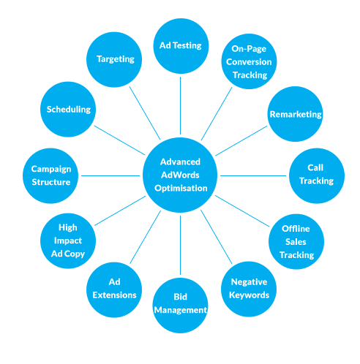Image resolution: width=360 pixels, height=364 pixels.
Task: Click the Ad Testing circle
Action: point(181,46)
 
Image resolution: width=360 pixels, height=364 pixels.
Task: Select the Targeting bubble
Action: point(114,60)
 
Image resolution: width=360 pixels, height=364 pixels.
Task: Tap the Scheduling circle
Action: point(68,110)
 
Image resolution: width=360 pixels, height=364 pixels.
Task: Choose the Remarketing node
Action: point(296,114)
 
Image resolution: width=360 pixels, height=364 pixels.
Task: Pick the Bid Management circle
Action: point(181,306)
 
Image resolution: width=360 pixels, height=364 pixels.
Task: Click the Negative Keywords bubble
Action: point(249,289)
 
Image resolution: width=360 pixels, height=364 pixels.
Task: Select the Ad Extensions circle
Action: point(114,289)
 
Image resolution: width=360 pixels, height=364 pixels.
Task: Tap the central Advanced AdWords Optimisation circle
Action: point(180,175)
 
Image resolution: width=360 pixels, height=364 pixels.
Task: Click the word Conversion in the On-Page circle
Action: point(249,62)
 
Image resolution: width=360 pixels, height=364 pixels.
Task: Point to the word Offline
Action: point(296,229)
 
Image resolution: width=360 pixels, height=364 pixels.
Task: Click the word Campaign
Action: point(51,170)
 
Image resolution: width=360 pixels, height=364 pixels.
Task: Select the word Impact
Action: point(68,240)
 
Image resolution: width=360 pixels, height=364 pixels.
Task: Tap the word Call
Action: point(315,167)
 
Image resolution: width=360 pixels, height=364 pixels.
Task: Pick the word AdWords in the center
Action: point(180,175)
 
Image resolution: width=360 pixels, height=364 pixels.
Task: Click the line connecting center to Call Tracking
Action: point(253,175)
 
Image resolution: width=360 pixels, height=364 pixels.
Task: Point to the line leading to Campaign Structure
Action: point(110,175)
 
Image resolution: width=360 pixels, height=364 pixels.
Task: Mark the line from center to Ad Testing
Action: point(181,105)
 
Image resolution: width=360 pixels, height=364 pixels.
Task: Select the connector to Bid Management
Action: point(181,245)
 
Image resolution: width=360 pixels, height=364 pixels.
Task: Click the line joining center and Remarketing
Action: point(241,141)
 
